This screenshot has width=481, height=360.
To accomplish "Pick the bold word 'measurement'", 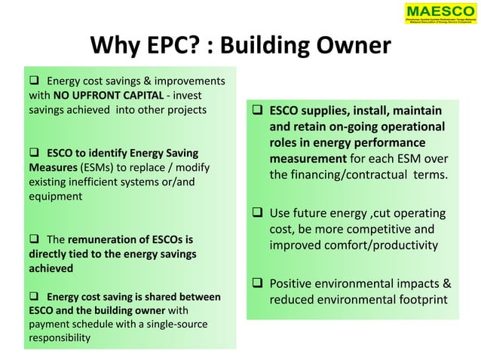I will click(x=308, y=160).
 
